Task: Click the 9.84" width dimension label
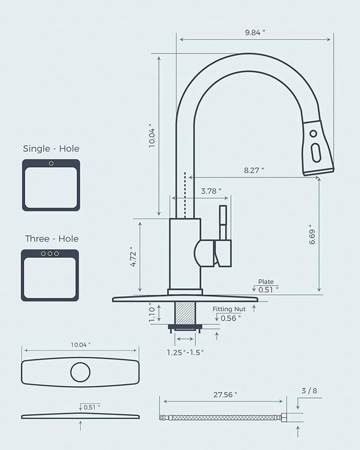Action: point(255,32)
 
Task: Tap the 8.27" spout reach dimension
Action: point(254,170)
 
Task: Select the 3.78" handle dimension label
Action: point(211,191)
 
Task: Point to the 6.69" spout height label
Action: point(312,234)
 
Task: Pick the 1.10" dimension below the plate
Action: point(152,313)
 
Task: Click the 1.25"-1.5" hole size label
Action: point(186,352)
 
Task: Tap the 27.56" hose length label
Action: point(225,394)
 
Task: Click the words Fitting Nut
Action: point(229,309)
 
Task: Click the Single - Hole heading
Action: point(51,149)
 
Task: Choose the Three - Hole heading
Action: point(51,239)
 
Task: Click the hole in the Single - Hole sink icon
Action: point(51,163)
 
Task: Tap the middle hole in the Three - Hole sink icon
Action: point(50,254)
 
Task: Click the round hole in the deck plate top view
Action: point(80,372)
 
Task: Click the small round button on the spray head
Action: point(313,134)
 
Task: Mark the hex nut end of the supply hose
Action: point(284,418)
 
